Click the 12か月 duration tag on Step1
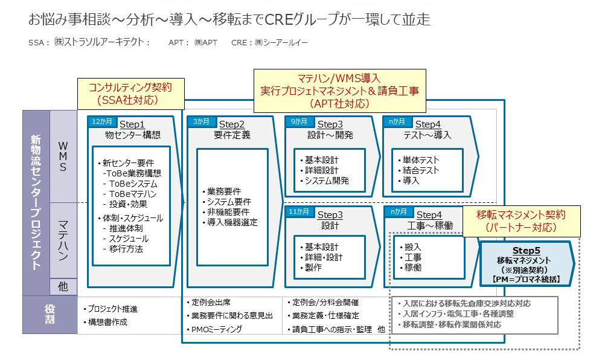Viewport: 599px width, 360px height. click(x=102, y=121)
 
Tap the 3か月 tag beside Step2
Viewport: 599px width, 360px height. click(x=201, y=121)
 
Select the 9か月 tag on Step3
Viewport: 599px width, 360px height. click(x=299, y=121)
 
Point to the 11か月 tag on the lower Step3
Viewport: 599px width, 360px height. click(x=299, y=212)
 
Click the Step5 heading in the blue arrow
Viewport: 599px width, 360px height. click(x=526, y=251)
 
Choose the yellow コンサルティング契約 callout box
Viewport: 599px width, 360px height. click(x=130, y=94)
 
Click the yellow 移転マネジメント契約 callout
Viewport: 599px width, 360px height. click(x=521, y=221)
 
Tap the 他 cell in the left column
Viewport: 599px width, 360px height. click(x=63, y=287)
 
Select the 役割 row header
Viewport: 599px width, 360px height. click(x=50, y=315)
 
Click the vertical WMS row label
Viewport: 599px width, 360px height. click(x=63, y=156)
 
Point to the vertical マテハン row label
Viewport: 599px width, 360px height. click(x=63, y=240)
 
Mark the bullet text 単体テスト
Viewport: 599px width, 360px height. click(x=421, y=159)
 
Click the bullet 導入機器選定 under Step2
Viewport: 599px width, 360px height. click(x=232, y=222)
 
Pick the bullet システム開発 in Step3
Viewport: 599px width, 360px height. click(x=327, y=181)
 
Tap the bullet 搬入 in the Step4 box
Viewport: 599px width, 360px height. click(x=412, y=247)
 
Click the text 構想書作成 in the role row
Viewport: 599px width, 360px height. click(x=107, y=322)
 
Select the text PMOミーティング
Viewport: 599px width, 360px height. click(x=217, y=329)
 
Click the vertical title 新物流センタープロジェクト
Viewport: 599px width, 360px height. click(x=36, y=202)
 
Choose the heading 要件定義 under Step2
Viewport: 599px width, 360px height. click(x=232, y=135)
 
